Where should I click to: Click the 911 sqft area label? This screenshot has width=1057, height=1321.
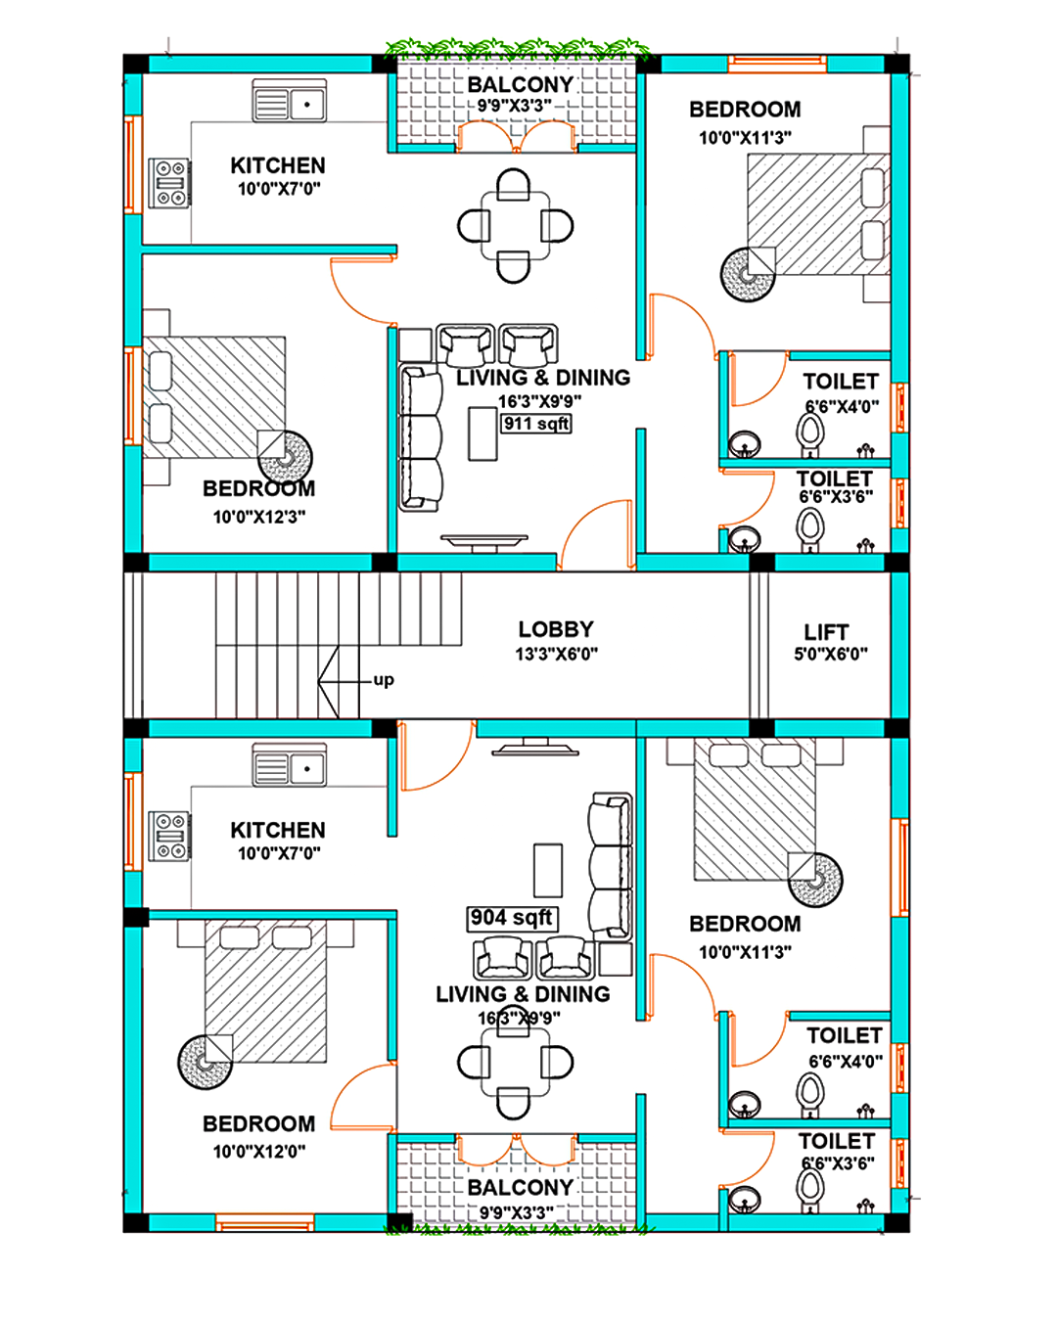(x=536, y=424)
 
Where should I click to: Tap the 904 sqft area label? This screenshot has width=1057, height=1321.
(x=512, y=918)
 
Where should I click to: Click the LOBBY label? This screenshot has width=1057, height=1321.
(x=556, y=629)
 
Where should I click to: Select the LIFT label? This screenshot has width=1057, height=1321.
(x=826, y=632)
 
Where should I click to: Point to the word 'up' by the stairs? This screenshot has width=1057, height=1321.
(x=384, y=679)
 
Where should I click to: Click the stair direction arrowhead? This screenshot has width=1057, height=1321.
(x=329, y=681)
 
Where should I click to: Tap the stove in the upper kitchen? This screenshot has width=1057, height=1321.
(x=169, y=182)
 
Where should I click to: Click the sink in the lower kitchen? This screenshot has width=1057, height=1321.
(x=290, y=764)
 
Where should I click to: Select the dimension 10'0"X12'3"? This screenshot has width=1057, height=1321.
(x=259, y=517)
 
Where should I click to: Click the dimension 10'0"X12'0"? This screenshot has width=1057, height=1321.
(x=259, y=1152)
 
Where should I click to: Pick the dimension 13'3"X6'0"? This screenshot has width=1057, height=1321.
(x=556, y=654)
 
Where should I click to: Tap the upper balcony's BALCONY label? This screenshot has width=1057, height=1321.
(x=521, y=84)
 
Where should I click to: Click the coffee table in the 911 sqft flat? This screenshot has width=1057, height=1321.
(x=483, y=433)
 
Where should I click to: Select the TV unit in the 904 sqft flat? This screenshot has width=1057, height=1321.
(x=535, y=747)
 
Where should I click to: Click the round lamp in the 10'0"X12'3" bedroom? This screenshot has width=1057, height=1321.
(x=285, y=456)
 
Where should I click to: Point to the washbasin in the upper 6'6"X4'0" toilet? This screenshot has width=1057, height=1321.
(x=745, y=443)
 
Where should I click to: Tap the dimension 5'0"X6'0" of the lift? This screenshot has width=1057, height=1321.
(x=830, y=654)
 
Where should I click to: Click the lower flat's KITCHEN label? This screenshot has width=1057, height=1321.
(x=278, y=830)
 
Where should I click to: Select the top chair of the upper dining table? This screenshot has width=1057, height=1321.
(x=513, y=184)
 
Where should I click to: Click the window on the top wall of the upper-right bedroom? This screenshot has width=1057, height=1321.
(x=777, y=64)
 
